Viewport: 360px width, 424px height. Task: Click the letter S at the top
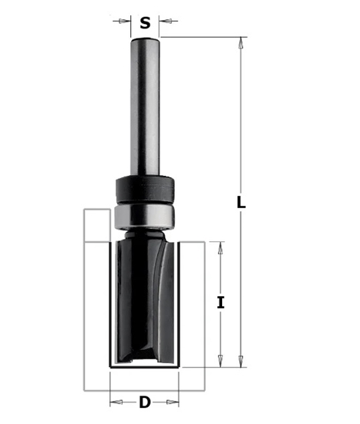[x=145, y=22]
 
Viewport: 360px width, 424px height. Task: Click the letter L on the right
[x=241, y=203]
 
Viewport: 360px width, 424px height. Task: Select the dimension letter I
[x=220, y=302]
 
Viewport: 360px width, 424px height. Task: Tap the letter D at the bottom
[x=144, y=401]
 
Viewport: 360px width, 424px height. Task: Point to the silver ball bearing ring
[x=145, y=215]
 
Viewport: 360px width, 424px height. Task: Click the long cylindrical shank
[x=145, y=108]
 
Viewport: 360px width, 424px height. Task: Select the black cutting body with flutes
[x=145, y=301]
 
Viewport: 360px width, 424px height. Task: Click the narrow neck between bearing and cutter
[x=145, y=232]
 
